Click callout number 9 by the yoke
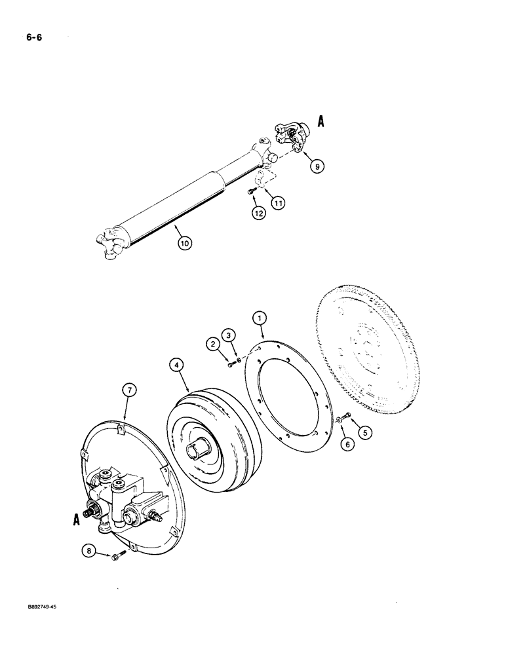(317, 167)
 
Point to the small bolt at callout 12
(250, 191)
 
